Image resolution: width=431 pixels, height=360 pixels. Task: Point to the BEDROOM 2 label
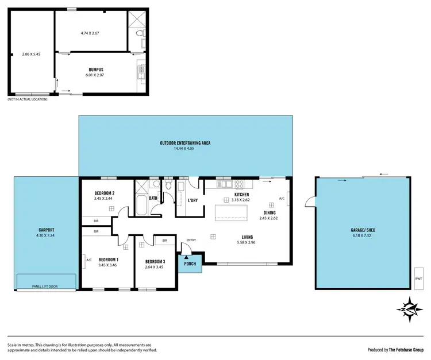pyautogui.click(x=105, y=193)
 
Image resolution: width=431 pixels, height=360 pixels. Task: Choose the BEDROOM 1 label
pyautogui.click(x=108, y=259)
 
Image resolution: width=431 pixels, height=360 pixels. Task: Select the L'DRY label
pyautogui.click(x=193, y=200)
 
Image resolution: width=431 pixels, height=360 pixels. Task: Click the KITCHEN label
pyautogui.click(x=241, y=195)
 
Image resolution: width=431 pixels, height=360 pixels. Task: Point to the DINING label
pyautogui.click(x=269, y=212)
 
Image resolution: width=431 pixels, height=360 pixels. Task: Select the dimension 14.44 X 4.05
pyautogui.click(x=185, y=148)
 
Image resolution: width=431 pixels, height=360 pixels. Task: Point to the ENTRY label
pyautogui.click(x=191, y=240)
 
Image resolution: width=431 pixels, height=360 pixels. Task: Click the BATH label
pyautogui.click(x=153, y=198)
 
